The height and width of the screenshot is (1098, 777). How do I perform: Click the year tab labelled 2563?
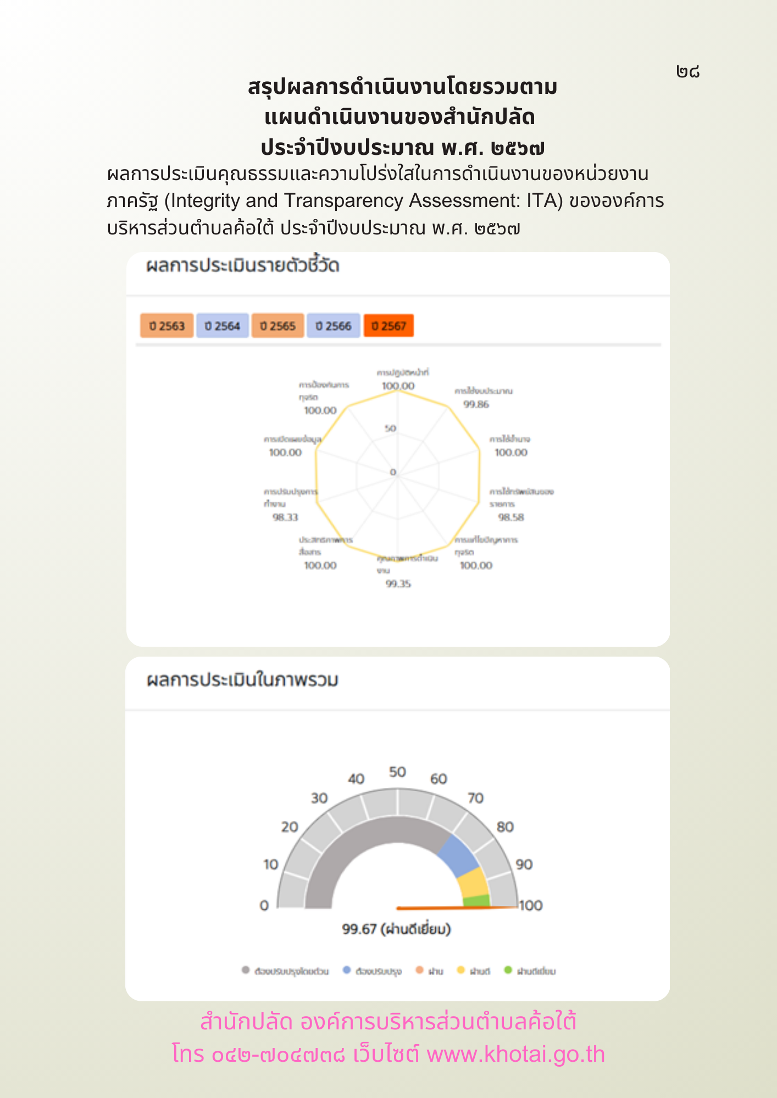167,326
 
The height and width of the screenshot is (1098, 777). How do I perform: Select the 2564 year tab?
223,326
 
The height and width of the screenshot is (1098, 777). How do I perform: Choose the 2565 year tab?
278,326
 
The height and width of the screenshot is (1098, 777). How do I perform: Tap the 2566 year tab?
334,326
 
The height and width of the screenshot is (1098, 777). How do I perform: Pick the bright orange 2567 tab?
389,326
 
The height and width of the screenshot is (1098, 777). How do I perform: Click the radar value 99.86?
476,405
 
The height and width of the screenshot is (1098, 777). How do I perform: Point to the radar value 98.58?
511,517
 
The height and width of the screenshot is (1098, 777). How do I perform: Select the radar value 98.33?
285,517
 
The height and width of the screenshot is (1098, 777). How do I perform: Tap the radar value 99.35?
398,584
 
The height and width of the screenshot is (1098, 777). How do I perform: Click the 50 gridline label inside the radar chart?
390,428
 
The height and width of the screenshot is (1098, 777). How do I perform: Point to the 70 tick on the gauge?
475,798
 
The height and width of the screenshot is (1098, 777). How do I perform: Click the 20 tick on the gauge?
290,827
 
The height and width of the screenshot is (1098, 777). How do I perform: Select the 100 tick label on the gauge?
531,905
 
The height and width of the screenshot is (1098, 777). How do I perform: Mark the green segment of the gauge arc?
476,900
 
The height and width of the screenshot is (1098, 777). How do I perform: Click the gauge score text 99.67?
359,929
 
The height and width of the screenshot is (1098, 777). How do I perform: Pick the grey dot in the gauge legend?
246,970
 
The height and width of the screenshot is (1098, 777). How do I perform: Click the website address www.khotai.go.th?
515,1055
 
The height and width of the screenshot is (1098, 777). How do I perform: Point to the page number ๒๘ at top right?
688,71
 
